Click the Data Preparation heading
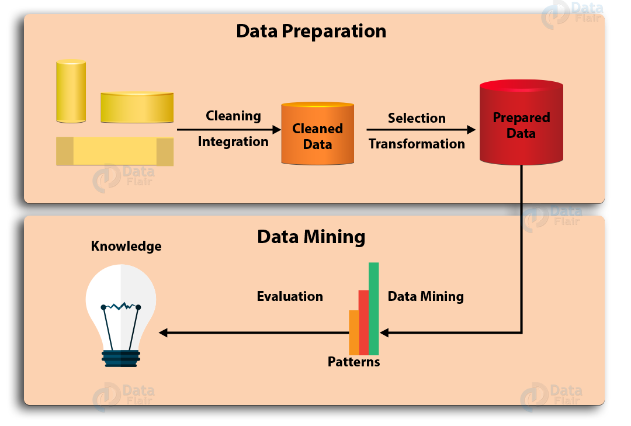point(311,31)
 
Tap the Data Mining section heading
point(311,237)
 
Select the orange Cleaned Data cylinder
point(318,136)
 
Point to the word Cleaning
point(233,116)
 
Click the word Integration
point(233,141)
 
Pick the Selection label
point(417,118)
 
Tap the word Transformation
point(417,144)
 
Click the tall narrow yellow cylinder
point(71,91)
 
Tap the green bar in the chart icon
point(374,309)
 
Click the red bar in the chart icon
point(363,323)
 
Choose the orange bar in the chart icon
point(353,333)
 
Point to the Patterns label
point(353,362)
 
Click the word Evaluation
point(290,297)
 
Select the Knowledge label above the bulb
point(126,246)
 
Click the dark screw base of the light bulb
point(120,358)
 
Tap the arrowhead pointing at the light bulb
point(163,333)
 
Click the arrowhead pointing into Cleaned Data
point(277,130)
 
